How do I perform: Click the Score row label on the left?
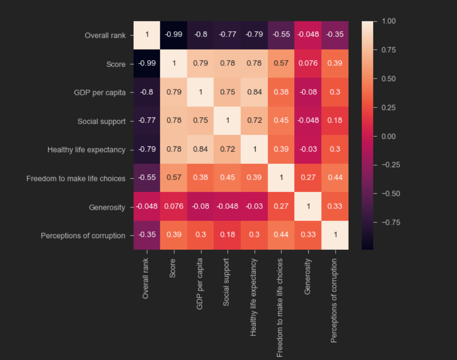point(116,64)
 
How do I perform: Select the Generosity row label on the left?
point(107,207)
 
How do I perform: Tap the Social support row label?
point(101,121)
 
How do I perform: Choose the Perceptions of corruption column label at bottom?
point(334,300)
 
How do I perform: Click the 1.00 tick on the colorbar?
point(389,21)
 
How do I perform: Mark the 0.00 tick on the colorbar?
point(389,136)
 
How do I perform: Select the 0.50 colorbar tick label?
point(389,78)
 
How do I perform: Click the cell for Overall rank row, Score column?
point(174,35)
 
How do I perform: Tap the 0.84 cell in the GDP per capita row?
point(254,92)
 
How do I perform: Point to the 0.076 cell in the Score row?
point(308,64)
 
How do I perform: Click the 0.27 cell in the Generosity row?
point(281,207)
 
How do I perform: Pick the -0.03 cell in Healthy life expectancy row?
point(308,150)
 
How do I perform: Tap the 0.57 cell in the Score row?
point(281,64)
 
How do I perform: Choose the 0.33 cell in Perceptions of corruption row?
point(308,236)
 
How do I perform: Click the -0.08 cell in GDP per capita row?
point(308,92)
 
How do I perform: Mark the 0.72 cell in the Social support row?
point(254,121)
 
